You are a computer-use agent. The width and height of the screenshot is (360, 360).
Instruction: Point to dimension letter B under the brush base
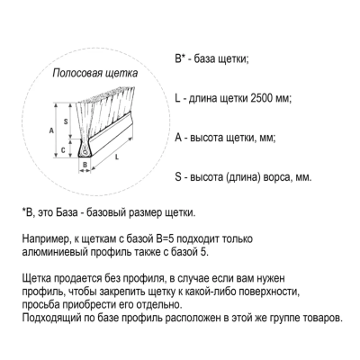(x=84, y=164)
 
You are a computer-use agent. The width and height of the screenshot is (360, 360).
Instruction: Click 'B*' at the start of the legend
(x=180, y=60)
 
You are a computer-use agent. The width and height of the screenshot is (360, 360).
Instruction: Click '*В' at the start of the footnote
(x=27, y=213)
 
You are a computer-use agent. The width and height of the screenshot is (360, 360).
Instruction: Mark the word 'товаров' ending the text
(x=318, y=319)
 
